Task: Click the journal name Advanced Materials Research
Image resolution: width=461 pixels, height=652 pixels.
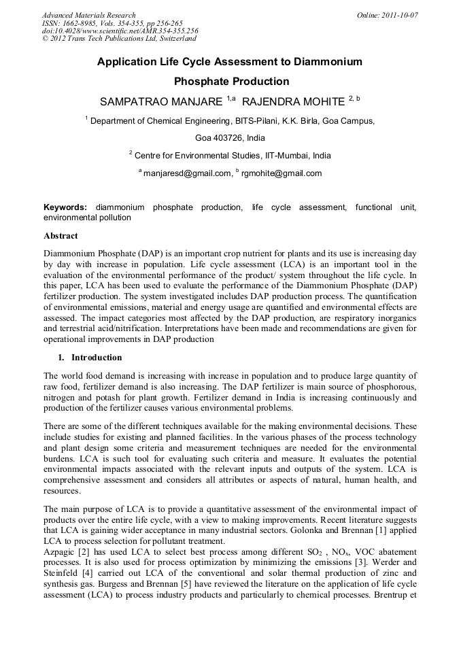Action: pos(88,15)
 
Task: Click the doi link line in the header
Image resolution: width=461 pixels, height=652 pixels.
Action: pos(120,31)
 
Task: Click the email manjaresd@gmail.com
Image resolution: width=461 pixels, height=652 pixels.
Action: pos(188,173)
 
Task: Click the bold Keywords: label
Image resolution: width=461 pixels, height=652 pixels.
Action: pos(65,207)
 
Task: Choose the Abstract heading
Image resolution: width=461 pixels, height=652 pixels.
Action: pos(61,236)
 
